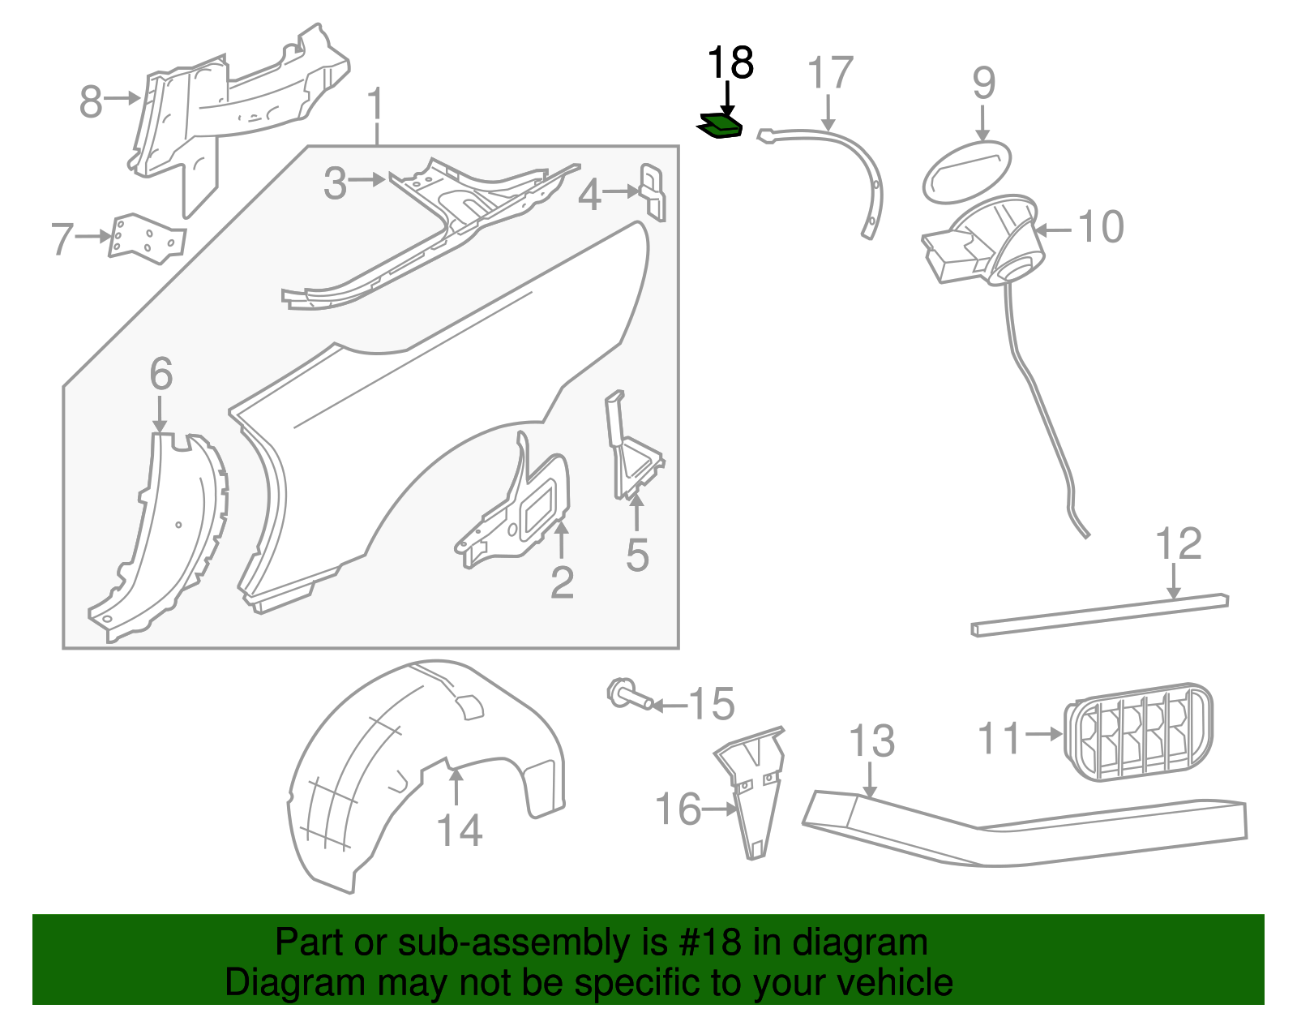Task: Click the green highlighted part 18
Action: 721,127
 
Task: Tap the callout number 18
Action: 730,63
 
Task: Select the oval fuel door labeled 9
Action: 966,172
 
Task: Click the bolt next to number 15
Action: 629,695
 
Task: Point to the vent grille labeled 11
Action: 1138,732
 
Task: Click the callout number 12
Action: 1178,544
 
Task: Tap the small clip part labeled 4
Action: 653,191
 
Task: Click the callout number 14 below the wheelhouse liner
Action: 459,831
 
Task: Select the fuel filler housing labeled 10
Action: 989,240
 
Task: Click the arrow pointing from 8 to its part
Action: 123,98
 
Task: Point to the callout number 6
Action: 161,374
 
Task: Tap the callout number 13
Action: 871,741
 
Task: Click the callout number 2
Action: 562,582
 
